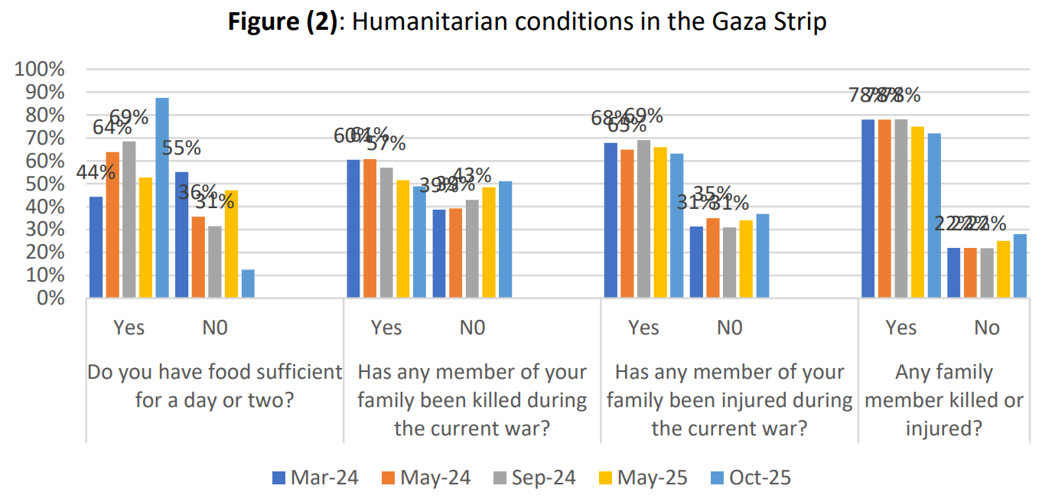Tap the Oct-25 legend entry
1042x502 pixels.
tap(750, 478)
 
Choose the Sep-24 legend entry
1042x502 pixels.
tap(535, 478)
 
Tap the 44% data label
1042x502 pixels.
tap(96, 173)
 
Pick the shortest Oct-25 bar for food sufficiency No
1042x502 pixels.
tap(248, 283)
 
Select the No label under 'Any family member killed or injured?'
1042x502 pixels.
tap(987, 328)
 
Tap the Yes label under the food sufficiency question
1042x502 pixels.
tap(129, 328)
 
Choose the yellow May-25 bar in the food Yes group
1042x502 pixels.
tap(145, 237)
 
